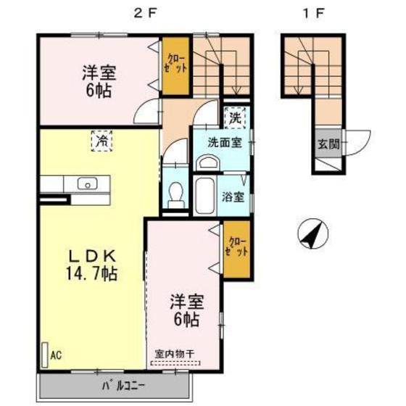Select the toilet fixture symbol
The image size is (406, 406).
[175, 193]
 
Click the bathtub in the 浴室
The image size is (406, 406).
[205, 192]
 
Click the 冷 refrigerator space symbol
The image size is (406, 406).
[101, 140]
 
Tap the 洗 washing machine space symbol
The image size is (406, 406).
[236, 116]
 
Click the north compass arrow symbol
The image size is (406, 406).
[313, 233]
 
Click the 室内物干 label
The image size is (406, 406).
[175, 353]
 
